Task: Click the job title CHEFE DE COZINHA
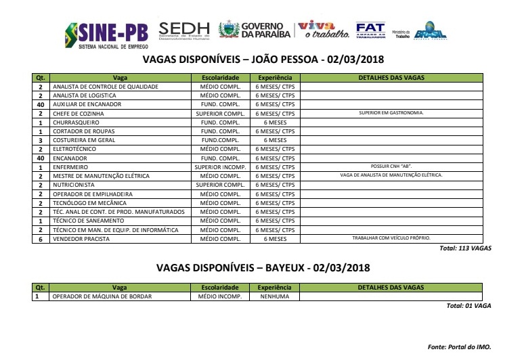click(x=74, y=114)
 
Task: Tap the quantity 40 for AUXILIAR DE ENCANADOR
click(x=41, y=105)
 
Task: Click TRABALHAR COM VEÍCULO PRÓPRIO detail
click(x=391, y=238)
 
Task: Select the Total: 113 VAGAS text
click(x=466, y=248)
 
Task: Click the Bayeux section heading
click(x=261, y=267)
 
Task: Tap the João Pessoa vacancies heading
click(x=261, y=60)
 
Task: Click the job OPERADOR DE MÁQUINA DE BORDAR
click(x=102, y=296)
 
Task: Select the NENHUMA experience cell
click(x=274, y=296)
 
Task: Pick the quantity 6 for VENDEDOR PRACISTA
click(x=41, y=238)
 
